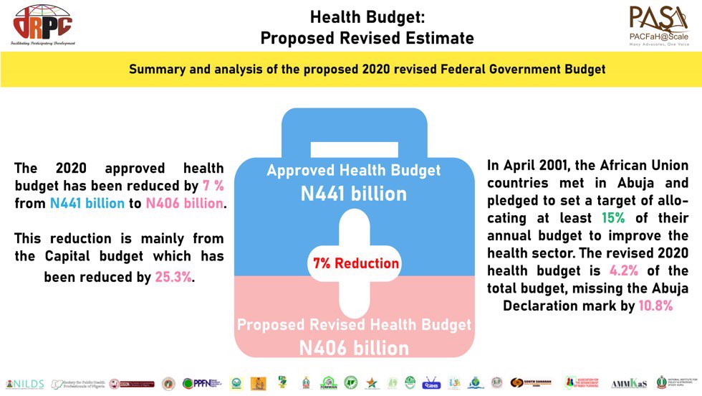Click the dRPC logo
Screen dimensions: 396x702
point(42,24)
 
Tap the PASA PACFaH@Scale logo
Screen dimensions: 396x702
point(658,26)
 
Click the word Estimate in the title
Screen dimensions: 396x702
point(438,37)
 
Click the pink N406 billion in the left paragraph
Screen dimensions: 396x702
point(185,203)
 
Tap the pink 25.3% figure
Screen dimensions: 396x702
point(173,276)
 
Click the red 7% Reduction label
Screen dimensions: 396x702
point(355,263)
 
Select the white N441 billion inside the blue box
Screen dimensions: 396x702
point(354,193)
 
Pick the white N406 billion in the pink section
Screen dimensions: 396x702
point(354,349)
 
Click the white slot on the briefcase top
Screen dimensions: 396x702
point(354,149)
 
